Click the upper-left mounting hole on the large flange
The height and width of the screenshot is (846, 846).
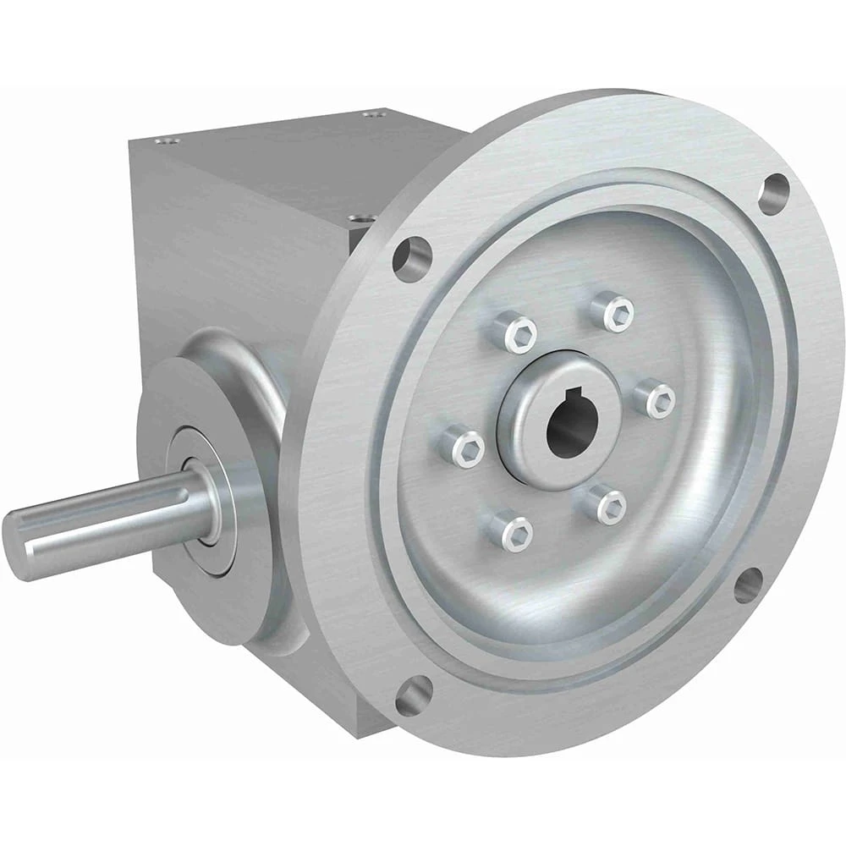(412, 254)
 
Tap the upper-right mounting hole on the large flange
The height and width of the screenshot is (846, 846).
(773, 194)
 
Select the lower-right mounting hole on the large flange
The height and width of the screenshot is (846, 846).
(748, 585)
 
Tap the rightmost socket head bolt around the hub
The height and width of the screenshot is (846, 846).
(656, 398)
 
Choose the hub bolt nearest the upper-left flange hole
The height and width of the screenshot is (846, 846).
(516, 332)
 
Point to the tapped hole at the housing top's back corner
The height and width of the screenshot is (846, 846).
(373, 113)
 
